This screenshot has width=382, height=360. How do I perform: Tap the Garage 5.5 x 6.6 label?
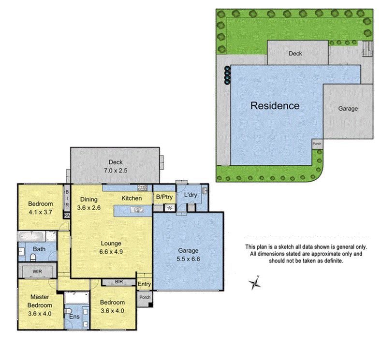(x=188, y=254)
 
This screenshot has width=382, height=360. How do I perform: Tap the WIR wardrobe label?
(x=38, y=272)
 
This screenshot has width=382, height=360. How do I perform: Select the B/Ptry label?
(x=164, y=197)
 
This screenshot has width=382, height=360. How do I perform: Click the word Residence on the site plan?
(x=275, y=105)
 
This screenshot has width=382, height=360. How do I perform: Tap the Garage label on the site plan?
(x=348, y=109)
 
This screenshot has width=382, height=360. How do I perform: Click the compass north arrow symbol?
(x=255, y=284)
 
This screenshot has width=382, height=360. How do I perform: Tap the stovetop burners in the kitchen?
(x=142, y=187)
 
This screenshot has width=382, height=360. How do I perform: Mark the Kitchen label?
(x=132, y=198)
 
